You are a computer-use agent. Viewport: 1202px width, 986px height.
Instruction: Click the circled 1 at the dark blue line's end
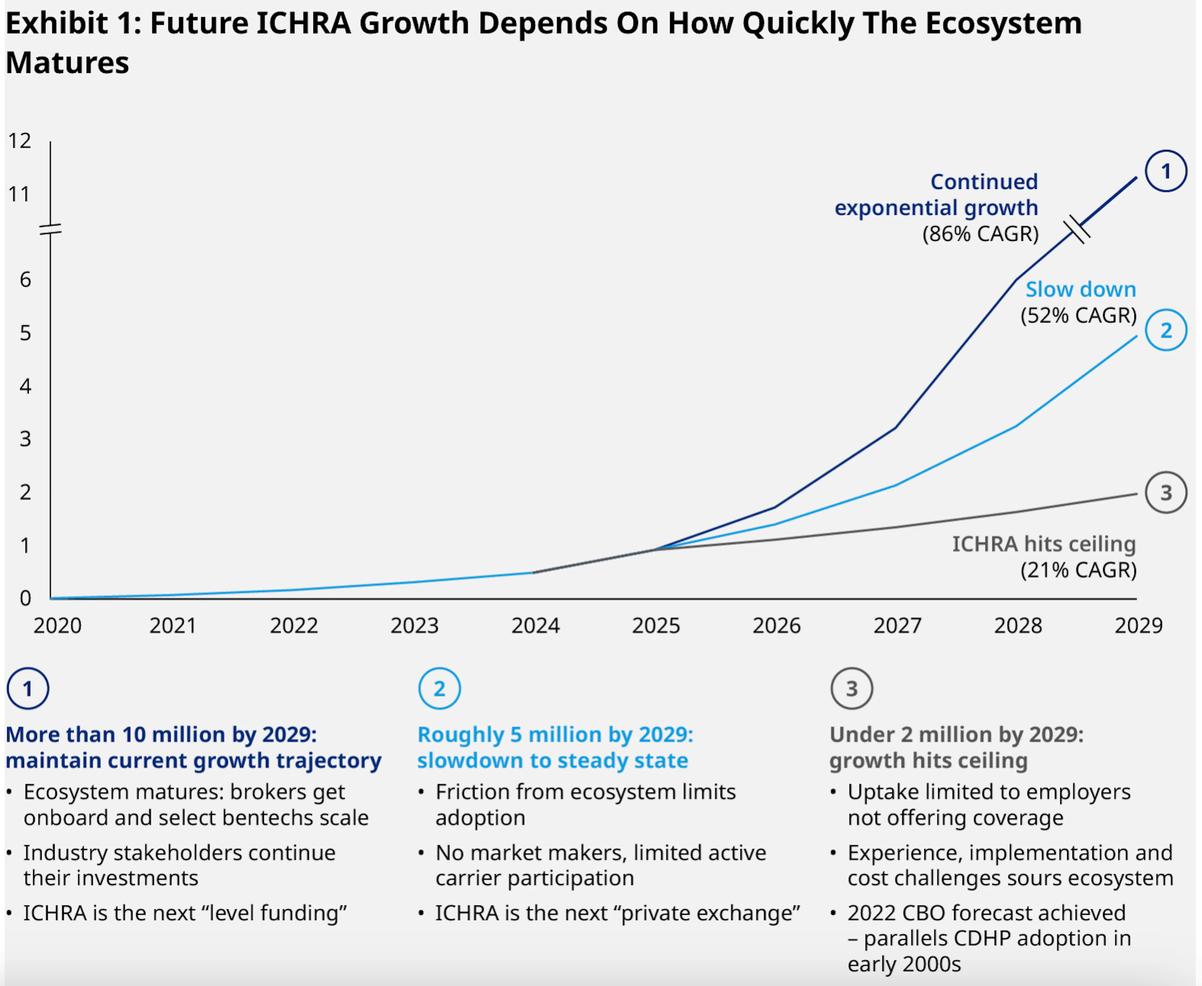pyautogui.click(x=1166, y=171)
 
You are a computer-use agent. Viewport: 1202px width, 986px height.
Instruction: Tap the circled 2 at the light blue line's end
pyautogui.click(x=1166, y=330)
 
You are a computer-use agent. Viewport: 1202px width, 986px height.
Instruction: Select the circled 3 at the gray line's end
pyautogui.click(x=1166, y=492)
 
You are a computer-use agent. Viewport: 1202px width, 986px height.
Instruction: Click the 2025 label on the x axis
pyautogui.click(x=656, y=625)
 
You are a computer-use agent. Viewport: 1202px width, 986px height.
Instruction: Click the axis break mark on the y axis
pyautogui.click(x=51, y=230)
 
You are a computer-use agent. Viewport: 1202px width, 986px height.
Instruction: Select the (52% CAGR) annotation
pyautogui.click(x=1078, y=315)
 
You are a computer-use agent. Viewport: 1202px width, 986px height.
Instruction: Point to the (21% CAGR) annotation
pyautogui.click(x=1078, y=570)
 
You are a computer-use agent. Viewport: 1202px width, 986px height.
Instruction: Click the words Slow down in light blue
pyautogui.click(x=1080, y=289)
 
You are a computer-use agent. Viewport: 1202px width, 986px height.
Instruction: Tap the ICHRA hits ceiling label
pyautogui.click(x=1043, y=544)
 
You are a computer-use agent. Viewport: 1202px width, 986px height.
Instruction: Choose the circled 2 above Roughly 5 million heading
pyautogui.click(x=439, y=689)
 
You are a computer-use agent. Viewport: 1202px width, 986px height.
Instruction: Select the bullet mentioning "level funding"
pyautogui.click(x=185, y=913)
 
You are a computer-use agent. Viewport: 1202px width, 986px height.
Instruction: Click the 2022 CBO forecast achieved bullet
pyautogui.click(x=986, y=913)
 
